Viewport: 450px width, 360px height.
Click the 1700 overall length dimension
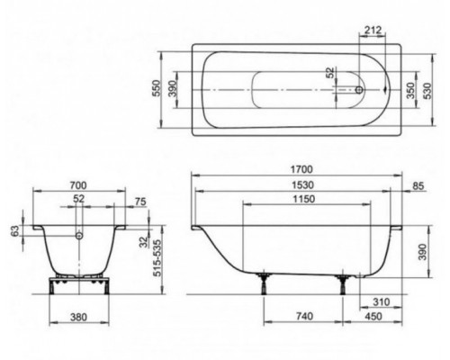pos(301,169)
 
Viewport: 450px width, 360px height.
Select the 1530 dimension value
pos(303,185)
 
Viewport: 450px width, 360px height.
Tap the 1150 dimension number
pos(304,199)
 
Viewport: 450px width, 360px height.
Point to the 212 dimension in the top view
pos(373,30)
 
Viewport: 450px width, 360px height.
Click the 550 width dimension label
pos(157,88)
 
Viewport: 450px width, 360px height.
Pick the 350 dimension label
pos(410,90)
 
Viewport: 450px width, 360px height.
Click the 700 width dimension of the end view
pos(78,185)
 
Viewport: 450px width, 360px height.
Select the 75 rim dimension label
pos(140,202)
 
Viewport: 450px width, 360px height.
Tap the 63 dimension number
pos(15,230)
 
